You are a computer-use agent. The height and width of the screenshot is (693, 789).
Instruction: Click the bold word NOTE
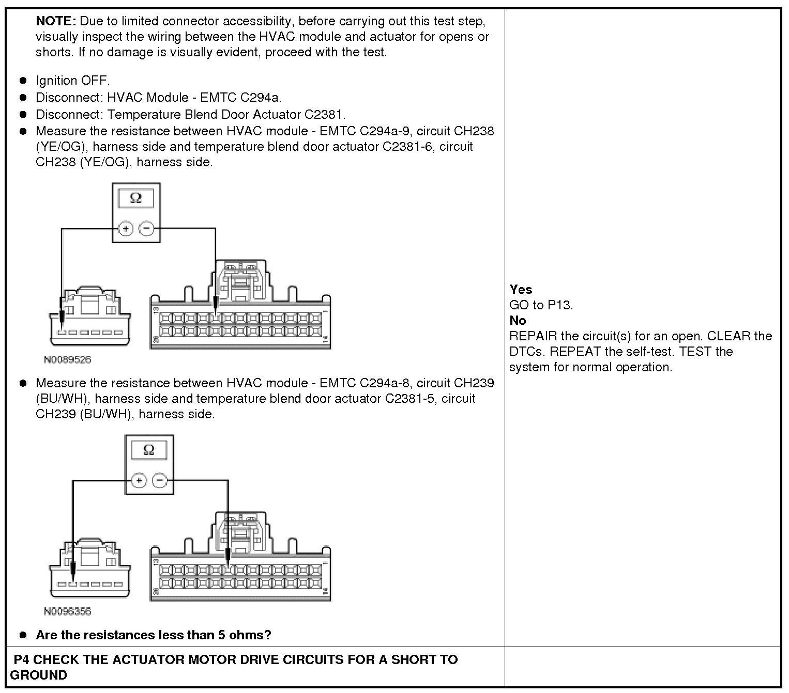coord(55,21)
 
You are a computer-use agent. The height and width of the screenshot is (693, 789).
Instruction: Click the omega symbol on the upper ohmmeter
coord(136,198)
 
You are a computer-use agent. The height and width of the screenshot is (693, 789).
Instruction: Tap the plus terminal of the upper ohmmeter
coord(126,228)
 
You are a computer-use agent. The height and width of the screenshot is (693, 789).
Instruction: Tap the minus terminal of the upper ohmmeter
coord(147,228)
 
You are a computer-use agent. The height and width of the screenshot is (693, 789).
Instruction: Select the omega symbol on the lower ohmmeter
coord(148,450)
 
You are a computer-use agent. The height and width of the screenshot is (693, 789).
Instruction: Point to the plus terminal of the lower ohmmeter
coord(139,481)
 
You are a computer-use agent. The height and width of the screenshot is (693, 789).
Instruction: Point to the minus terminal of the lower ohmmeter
coord(160,481)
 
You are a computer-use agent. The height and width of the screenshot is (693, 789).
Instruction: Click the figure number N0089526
coord(67,359)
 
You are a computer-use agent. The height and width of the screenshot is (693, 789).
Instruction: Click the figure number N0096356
coord(67,611)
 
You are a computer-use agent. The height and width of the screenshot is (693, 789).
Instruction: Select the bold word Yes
coord(521,289)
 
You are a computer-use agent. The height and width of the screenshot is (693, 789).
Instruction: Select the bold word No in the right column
coord(518,320)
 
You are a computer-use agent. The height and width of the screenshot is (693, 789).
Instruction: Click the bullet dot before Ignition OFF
coord(23,81)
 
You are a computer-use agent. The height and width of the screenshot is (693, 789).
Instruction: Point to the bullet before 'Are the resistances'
coord(23,635)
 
